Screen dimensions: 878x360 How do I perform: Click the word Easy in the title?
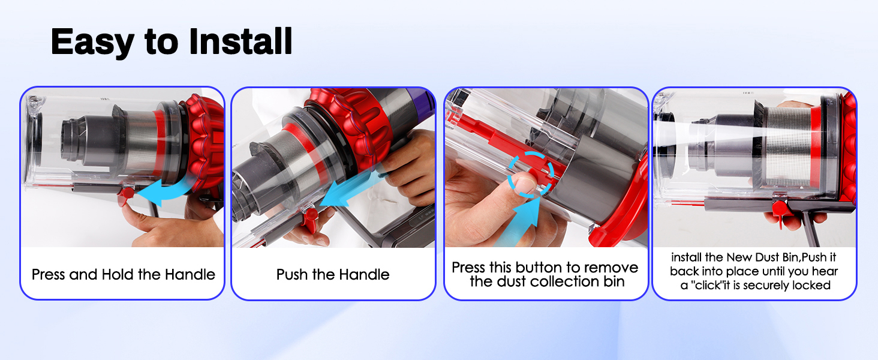92,42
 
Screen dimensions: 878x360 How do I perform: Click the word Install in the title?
240,41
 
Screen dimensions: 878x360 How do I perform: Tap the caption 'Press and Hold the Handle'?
123,275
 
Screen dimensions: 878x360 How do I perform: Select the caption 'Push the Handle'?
333,275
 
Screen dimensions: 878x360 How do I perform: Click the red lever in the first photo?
127,195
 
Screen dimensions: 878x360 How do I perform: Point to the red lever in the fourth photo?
780,210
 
